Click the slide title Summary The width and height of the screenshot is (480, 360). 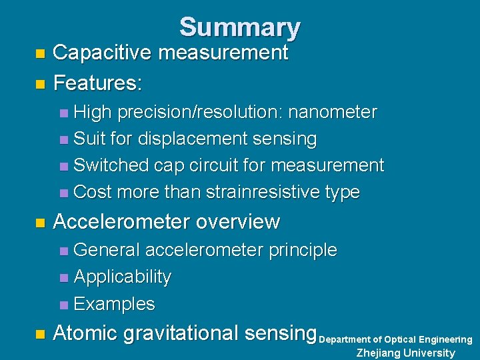(x=239, y=27)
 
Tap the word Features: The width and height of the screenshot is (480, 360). (x=97, y=83)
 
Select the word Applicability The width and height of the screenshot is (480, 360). (x=123, y=277)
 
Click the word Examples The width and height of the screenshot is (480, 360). (x=114, y=304)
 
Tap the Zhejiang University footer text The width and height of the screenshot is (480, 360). (x=405, y=353)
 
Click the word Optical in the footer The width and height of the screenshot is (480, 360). (x=399, y=340)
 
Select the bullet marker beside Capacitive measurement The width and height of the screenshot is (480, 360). (x=40, y=53)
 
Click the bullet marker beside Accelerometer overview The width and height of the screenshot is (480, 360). (x=40, y=221)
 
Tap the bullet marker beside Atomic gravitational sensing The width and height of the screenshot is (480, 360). (x=40, y=333)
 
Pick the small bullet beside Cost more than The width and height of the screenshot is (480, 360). (x=63, y=193)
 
